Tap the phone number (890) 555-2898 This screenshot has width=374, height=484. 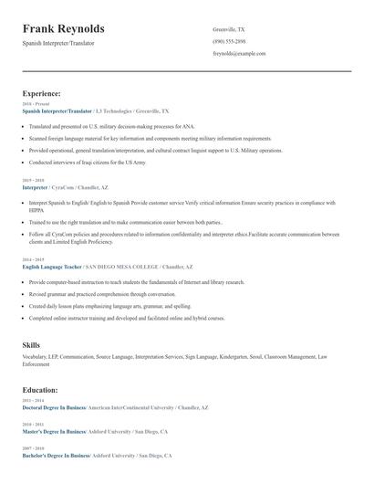[231, 41]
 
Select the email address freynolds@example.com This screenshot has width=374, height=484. [239, 53]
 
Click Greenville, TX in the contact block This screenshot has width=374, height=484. [229, 29]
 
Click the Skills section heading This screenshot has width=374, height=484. [31, 343]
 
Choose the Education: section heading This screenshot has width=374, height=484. [40, 389]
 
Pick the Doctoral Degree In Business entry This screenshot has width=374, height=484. [53, 407]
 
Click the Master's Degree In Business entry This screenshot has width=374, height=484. [53, 431]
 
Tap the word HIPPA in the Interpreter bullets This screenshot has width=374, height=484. [36, 208]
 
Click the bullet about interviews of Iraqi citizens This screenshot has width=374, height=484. [87, 161]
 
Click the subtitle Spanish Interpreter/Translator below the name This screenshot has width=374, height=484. [57, 43]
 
